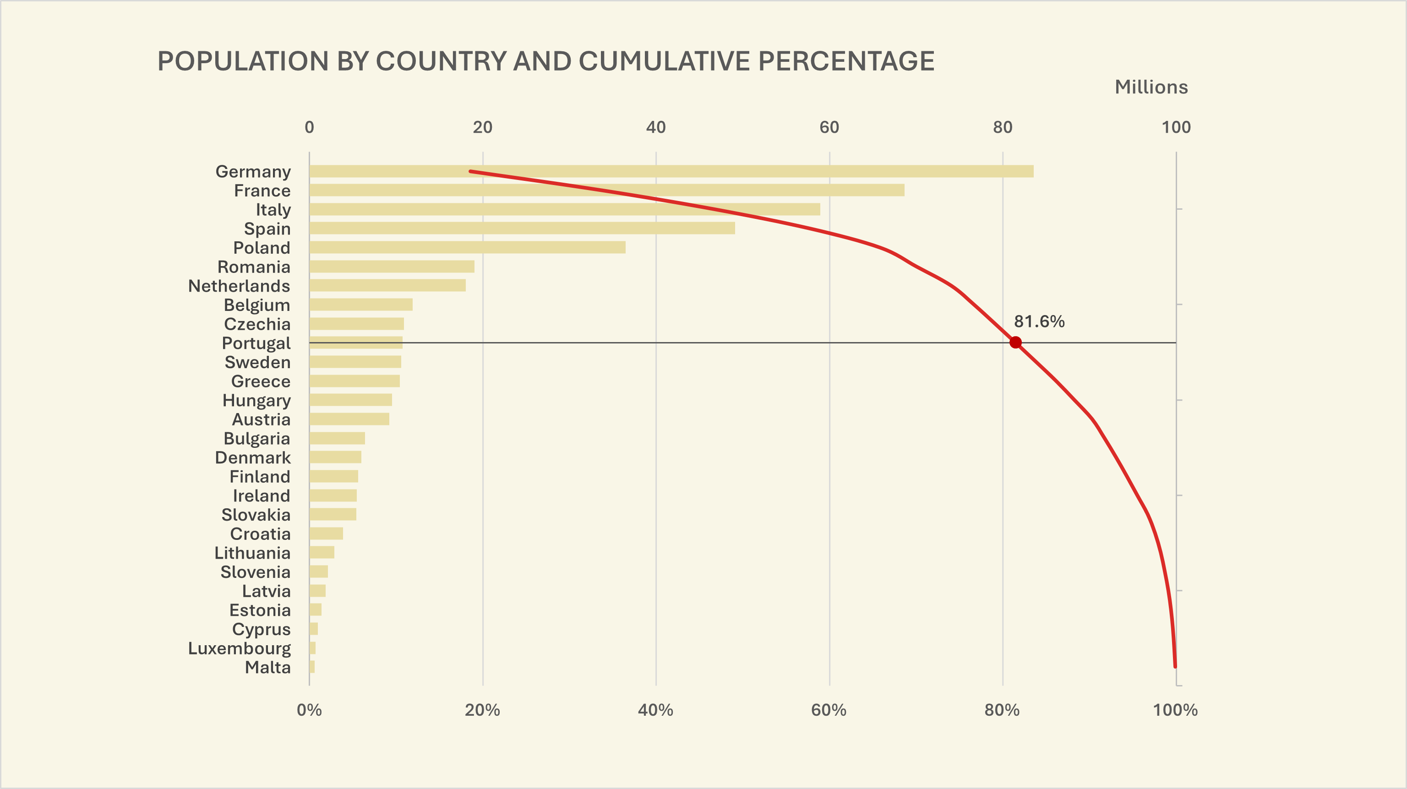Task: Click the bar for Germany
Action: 671,171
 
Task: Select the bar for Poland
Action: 467,247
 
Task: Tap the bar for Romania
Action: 392,267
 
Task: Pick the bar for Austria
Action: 349,419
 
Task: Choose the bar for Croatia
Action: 326,533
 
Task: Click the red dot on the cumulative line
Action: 1015,343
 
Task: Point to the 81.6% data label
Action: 1039,321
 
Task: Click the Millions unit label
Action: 1151,87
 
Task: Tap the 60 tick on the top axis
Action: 829,127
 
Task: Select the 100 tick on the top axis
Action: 1175,127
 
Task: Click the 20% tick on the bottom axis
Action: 482,710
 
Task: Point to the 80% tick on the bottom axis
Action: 1002,710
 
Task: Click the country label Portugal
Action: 256,343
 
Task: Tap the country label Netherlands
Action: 239,286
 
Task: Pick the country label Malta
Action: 267,667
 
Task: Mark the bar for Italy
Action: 564,209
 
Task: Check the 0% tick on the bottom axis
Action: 309,710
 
